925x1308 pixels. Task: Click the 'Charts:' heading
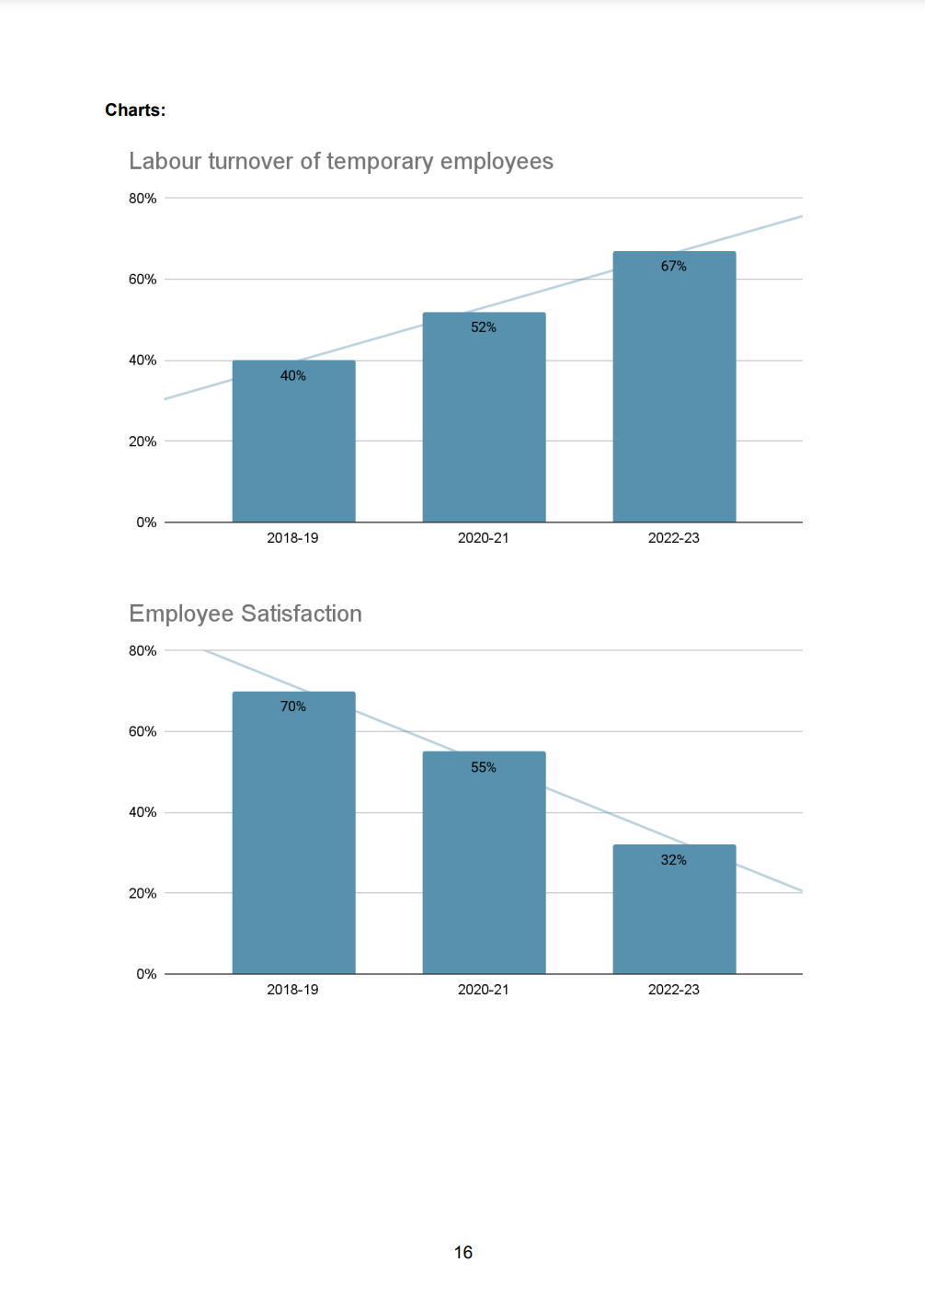click(x=135, y=110)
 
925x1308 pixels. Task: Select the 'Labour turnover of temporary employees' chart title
click(x=340, y=161)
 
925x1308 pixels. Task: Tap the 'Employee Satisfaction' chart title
click(x=246, y=614)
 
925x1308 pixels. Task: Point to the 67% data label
click(x=674, y=266)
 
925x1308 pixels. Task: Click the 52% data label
click(x=484, y=327)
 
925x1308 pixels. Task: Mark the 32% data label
click(x=674, y=860)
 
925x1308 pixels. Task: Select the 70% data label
click(x=293, y=706)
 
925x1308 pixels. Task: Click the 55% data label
click(x=484, y=767)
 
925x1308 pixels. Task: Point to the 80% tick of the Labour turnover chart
click(x=143, y=199)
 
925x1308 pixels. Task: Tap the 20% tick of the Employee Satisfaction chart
click(x=143, y=893)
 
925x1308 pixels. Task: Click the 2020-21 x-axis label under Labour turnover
click(x=484, y=538)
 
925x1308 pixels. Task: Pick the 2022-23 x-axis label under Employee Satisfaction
click(x=674, y=990)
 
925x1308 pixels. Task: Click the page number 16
click(x=463, y=1253)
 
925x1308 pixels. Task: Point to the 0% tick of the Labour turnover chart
click(x=146, y=522)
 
